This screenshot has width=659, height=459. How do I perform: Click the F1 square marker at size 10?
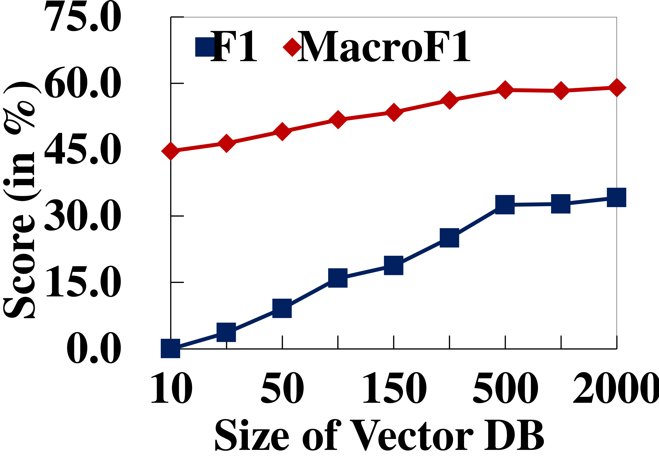pos(170,348)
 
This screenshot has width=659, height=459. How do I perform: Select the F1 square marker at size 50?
pos(282,308)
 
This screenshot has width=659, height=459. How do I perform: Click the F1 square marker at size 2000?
pos(616,197)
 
